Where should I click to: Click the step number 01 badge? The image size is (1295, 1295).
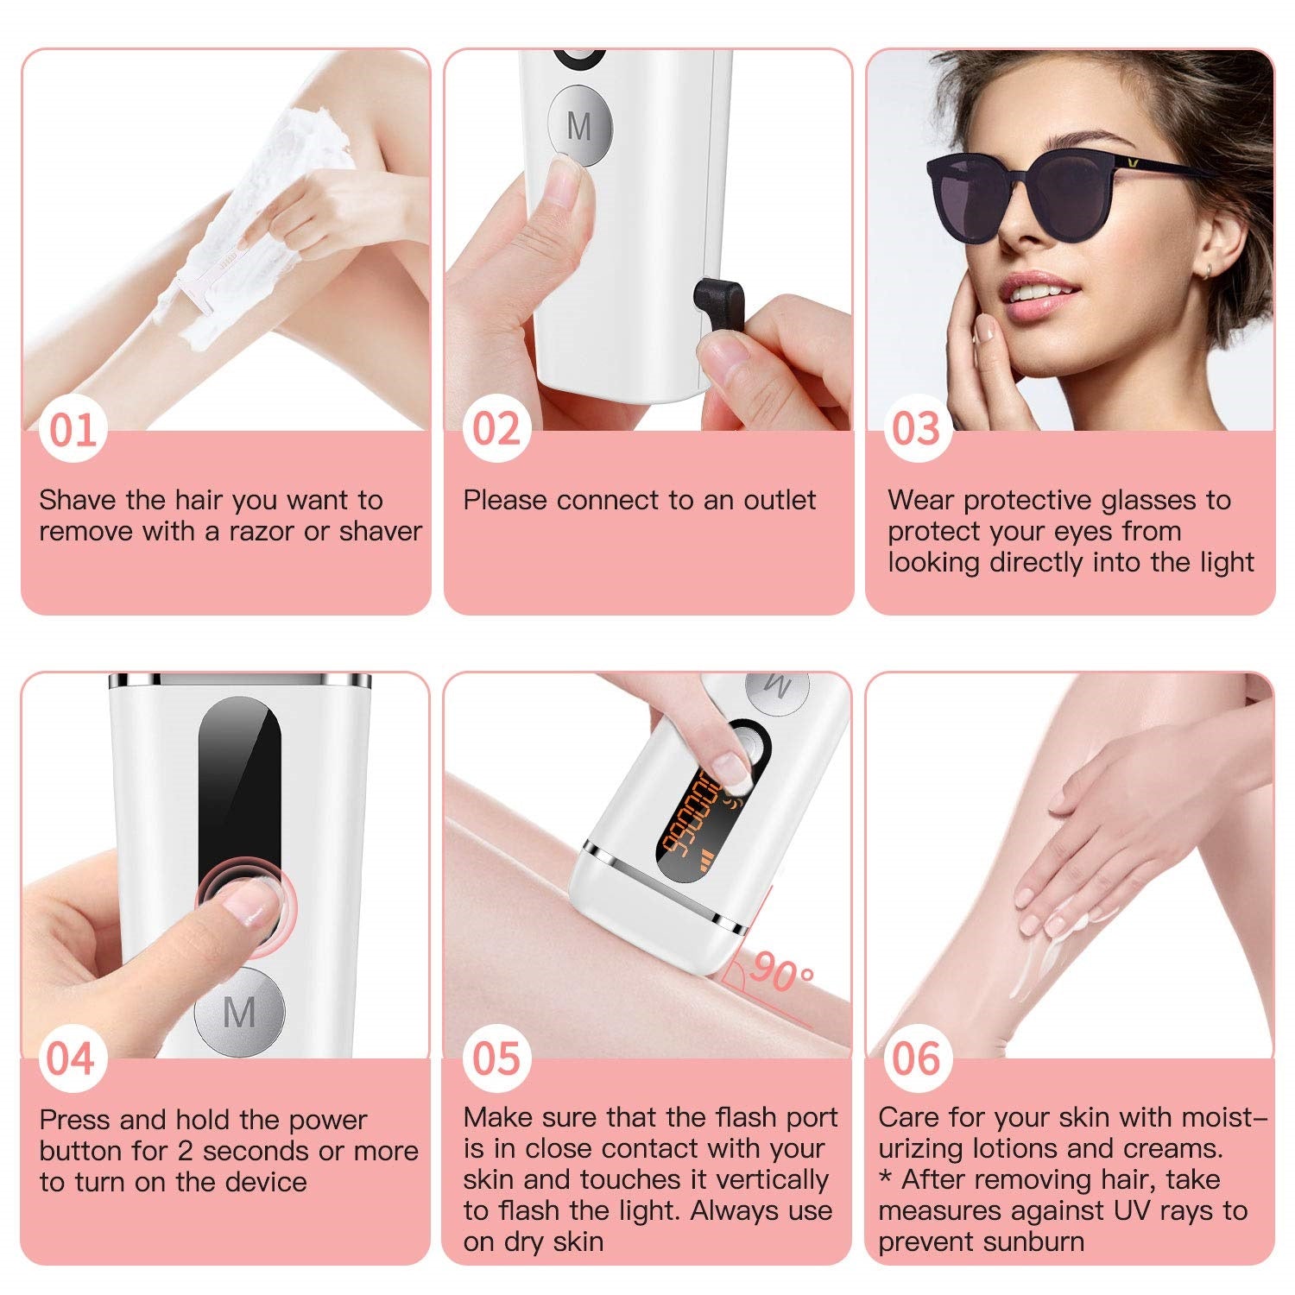[73, 429]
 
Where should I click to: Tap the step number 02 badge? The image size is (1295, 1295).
[496, 429]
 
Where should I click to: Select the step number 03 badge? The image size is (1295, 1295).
[917, 429]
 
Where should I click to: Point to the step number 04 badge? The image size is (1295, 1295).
[73, 1058]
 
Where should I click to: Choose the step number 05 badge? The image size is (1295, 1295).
[496, 1058]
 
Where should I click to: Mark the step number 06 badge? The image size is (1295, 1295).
[917, 1058]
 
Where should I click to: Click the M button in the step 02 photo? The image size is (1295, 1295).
[580, 125]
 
